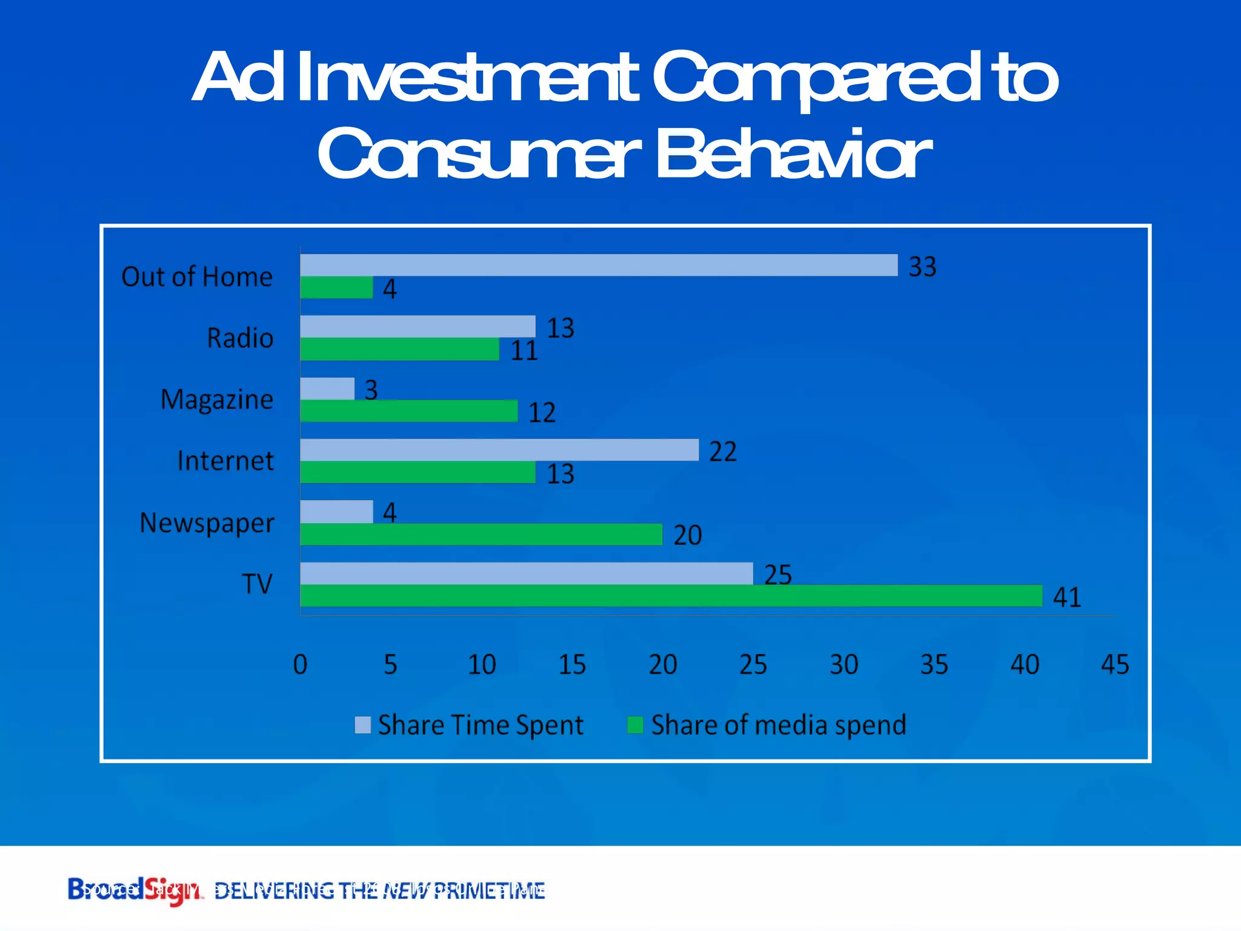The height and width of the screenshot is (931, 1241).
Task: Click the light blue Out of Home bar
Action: [x=599, y=265]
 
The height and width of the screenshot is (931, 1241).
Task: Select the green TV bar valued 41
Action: [x=671, y=596]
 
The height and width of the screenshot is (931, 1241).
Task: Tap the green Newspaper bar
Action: [x=481, y=535]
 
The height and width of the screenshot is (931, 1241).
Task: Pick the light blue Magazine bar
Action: [x=327, y=389]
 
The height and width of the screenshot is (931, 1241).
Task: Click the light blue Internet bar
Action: [x=499, y=450]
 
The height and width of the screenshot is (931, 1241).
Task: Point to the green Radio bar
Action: [x=399, y=350]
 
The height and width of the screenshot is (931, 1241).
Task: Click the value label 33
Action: [x=922, y=267]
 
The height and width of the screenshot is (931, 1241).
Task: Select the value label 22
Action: [x=723, y=452]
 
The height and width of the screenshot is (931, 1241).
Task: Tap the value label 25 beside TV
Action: [x=777, y=575]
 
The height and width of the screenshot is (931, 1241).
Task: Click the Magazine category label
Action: [x=216, y=400]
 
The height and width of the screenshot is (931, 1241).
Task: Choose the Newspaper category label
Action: [x=207, y=523]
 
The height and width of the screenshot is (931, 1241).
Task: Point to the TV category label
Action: [x=258, y=584]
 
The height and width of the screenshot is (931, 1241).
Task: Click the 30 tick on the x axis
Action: [x=843, y=665]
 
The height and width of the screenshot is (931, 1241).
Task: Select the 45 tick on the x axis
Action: [x=1114, y=665]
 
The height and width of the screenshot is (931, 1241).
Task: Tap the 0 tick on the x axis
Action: [x=300, y=665]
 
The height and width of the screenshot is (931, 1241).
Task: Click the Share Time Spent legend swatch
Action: [x=362, y=725]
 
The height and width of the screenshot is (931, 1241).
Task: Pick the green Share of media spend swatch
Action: [x=634, y=725]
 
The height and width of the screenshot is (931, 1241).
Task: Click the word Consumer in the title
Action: [x=479, y=155]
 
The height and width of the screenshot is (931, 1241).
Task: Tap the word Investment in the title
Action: [x=467, y=78]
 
